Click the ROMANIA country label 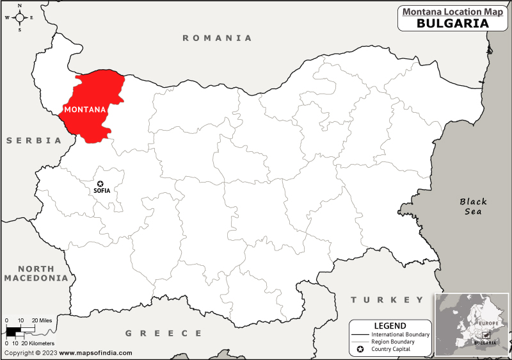click(217, 38)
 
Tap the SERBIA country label click(34, 140)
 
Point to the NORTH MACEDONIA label click(36, 274)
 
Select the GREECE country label click(163, 333)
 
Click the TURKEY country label click(387, 300)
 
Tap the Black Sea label click(473, 206)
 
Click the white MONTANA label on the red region click(85, 110)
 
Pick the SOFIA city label click(102, 191)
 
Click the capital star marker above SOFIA click(100, 183)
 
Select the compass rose click(19, 17)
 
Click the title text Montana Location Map click(452, 11)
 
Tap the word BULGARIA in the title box click(452, 23)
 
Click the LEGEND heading click(390, 326)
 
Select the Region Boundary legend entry click(394, 342)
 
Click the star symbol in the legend click(360, 350)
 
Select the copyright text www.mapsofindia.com click(97, 353)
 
